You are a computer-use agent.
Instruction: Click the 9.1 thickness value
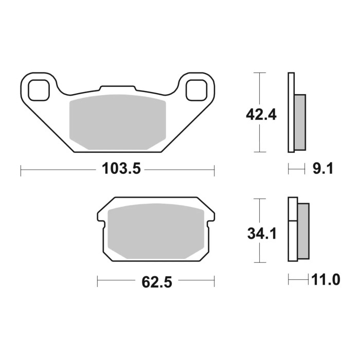click(x=323, y=169)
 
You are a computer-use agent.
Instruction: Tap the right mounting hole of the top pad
click(x=196, y=90)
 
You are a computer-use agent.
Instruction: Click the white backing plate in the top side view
click(x=291, y=113)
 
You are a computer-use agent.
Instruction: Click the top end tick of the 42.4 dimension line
click(x=261, y=73)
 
